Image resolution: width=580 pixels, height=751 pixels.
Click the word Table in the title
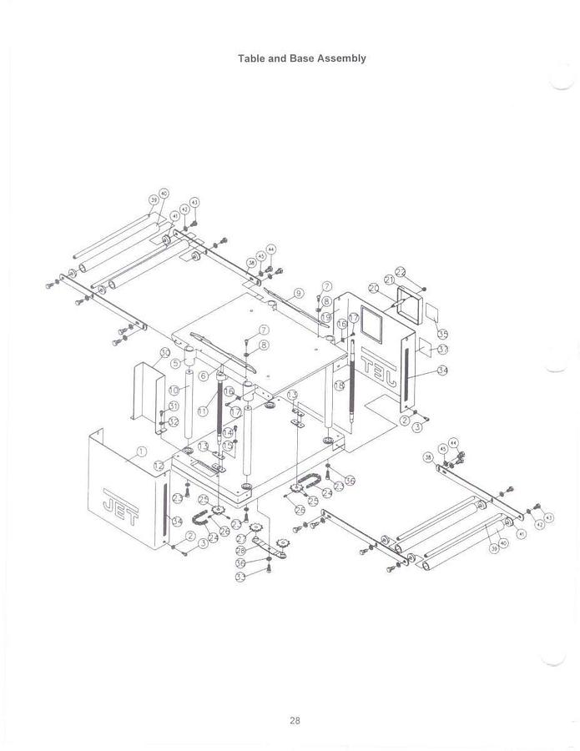251,58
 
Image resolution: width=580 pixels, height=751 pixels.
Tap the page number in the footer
295,721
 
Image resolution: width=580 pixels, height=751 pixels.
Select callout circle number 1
141,451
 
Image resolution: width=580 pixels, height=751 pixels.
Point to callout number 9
299,294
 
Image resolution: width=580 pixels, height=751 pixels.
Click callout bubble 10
174,390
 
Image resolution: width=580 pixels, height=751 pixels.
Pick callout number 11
203,411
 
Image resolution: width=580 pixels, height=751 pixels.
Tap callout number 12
159,465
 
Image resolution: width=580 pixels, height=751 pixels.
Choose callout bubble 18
339,386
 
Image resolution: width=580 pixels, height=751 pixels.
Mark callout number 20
374,288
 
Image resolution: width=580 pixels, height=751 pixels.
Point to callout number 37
442,349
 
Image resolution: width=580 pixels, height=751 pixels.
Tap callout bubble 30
165,352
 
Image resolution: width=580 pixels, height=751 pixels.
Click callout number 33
240,577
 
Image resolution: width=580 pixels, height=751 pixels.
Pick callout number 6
203,375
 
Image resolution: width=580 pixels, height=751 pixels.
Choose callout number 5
176,363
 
